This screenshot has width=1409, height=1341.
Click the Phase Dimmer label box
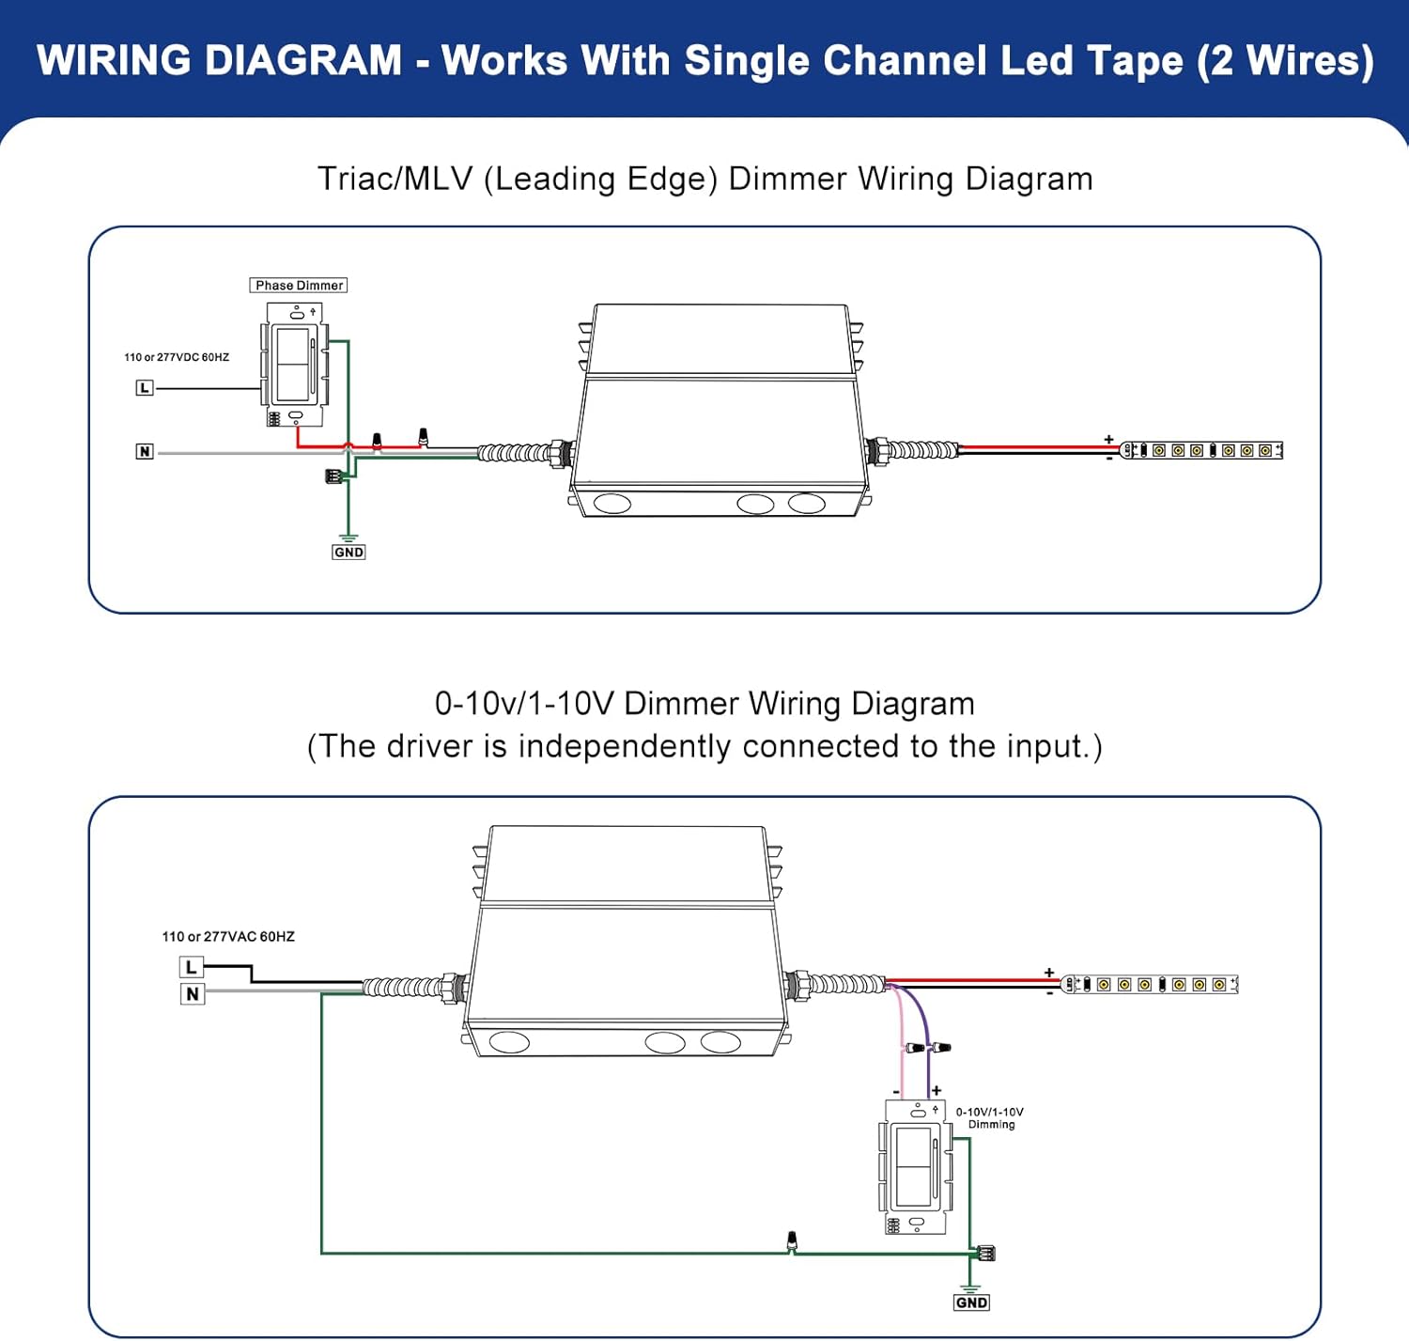click(298, 285)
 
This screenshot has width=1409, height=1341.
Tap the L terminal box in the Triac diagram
click(144, 388)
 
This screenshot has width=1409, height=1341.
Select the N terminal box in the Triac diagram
click(144, 451)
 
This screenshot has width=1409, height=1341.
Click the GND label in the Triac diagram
click(348, 553)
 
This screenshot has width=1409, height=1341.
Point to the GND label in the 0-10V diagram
click(971, 1302)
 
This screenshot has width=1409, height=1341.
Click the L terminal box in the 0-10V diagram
click(192, 967)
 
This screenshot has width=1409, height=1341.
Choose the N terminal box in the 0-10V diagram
click(192, 994)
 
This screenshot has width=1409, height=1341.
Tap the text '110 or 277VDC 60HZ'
click(177, 357)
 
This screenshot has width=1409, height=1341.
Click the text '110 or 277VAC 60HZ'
click(228, 937)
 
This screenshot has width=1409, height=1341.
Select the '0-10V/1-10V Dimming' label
click(990, 1118)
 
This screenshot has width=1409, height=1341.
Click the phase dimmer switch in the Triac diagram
click(295, 365)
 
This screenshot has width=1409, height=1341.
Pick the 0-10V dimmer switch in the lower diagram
click(915, 1167)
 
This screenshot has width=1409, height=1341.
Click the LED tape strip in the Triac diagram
click(1201, 450)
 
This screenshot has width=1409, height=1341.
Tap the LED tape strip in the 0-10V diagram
click(1149, 985)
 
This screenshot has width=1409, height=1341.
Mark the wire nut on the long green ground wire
click(791, 1240)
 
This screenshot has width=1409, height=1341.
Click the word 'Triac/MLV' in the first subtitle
click(395, 179)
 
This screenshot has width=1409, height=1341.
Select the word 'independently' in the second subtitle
click(625, 746)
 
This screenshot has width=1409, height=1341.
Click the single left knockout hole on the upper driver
click(612, 503)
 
